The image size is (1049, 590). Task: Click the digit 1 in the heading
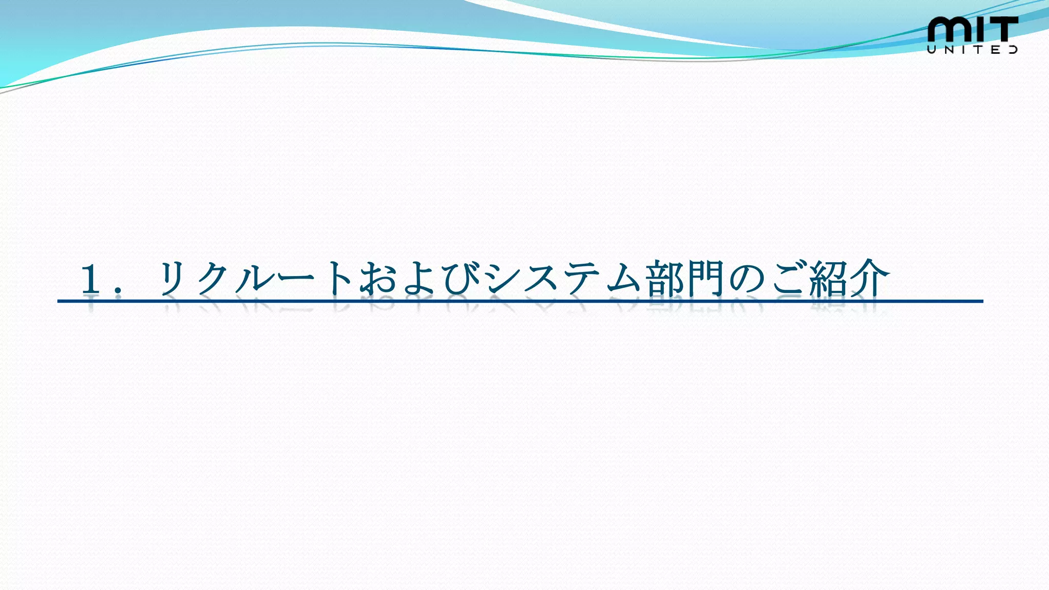tap(91, 279)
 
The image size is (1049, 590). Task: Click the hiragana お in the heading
tap(378, 279)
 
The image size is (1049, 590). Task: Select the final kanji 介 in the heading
tap(870, 279)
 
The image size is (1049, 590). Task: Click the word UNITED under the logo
tap(972, 50)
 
